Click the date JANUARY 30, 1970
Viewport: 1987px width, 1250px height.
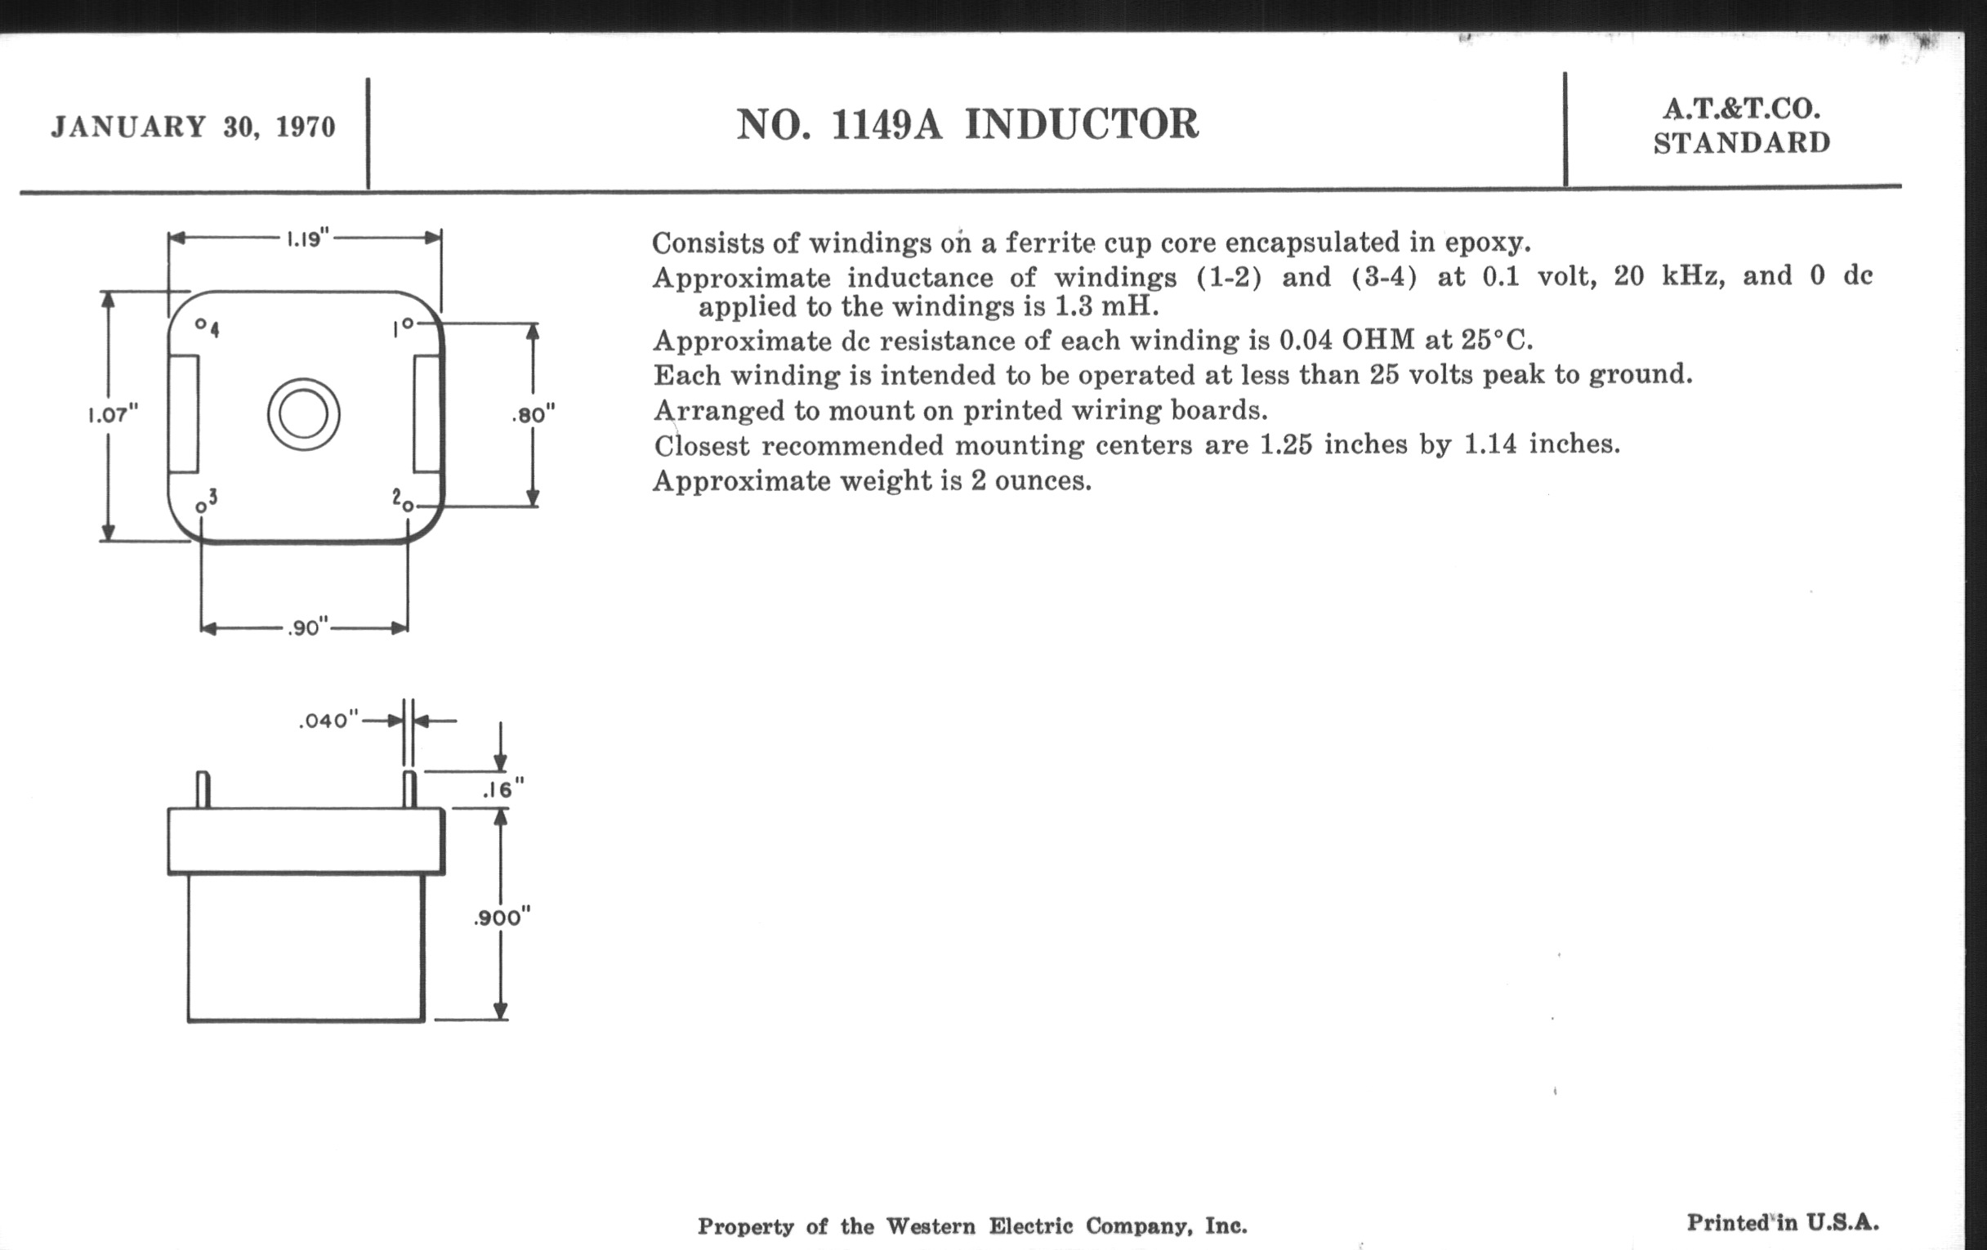[x=193, y=127]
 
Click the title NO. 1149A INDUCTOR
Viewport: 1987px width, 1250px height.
[x=967, y=124]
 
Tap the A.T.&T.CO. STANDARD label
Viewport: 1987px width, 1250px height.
[x=1741, y=127]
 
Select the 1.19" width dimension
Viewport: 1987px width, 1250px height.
[x=307, y=239]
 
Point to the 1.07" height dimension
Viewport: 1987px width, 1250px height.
[x=113, y=414]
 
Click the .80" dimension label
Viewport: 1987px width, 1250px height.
[x=533, y=414]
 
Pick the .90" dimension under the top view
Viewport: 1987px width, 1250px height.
[x=307, y=629]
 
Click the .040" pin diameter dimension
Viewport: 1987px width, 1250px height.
[x=328, y=721]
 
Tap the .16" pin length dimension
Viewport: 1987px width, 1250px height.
[x=502, y=790]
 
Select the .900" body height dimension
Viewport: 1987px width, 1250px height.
[x=501, y=917]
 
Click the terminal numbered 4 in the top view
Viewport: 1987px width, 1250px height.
[x=200, y=324]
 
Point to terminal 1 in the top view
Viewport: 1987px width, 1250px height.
[x=408, y=324]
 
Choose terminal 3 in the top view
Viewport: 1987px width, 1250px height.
[x=200, y=507]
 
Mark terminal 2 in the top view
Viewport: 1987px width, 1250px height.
[x=408, y=506]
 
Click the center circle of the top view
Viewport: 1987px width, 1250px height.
[x=304, y=414]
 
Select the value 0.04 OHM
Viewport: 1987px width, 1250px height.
[x=1346, y=340]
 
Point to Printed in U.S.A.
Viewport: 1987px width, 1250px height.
[x=1783, y=1223]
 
